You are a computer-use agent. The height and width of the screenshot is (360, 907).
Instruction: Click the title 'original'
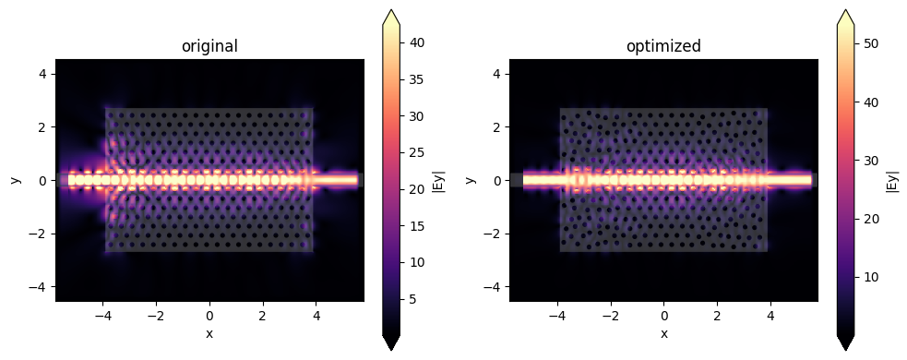[x=209, y=46]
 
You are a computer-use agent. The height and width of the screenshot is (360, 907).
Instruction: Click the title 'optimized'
[x=663, y=46]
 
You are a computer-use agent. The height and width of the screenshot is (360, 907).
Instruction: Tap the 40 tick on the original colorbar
[x=416, y=43]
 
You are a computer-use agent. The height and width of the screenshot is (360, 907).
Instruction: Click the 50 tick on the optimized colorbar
[x=871, y=42]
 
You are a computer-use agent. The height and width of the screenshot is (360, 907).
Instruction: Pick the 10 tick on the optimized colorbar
[x=871, y=277]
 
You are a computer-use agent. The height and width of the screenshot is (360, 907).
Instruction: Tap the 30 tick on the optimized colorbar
[x=871, y=160]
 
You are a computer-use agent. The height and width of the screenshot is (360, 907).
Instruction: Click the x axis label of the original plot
[x=209, y=333]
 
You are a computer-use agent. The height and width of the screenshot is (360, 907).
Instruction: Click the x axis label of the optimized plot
[x=663, y=333]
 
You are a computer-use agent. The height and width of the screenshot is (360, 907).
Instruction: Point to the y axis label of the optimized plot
[x=471, y=180]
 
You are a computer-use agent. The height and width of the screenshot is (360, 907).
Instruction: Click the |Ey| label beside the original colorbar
[x=442, y=180]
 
